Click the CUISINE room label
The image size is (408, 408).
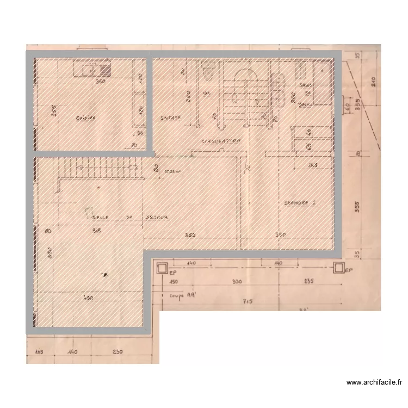pos(85,118)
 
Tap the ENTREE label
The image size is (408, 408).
pos(171,118)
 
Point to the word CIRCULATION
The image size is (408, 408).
pos(220,141)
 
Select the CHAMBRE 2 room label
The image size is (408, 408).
pos(300,202)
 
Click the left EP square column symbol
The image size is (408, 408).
pos(162,267)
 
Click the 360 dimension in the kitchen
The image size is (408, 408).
pos(100,82)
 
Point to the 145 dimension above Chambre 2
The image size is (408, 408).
pos(312,165)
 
